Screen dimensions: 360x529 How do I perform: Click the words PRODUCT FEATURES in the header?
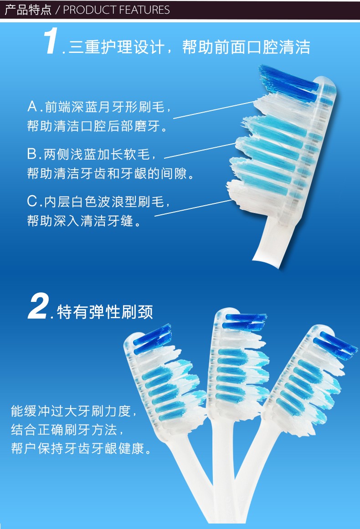tap(116, 10)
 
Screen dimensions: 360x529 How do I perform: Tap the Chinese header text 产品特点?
tap(28, 10)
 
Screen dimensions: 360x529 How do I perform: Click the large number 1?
tap(51, 41)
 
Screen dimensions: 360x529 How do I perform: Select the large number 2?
tap(38, 306)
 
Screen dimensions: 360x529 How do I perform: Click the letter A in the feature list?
tap(32, 107)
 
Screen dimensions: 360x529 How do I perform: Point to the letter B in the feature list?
tap(32, 154)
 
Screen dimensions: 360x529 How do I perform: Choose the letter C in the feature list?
tap(33, 202)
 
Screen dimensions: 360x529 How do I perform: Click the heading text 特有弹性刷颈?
tap(105, 312)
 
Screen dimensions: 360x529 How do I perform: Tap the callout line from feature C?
tap(193, 208)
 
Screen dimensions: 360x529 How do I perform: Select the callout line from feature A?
tap(214, 109)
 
